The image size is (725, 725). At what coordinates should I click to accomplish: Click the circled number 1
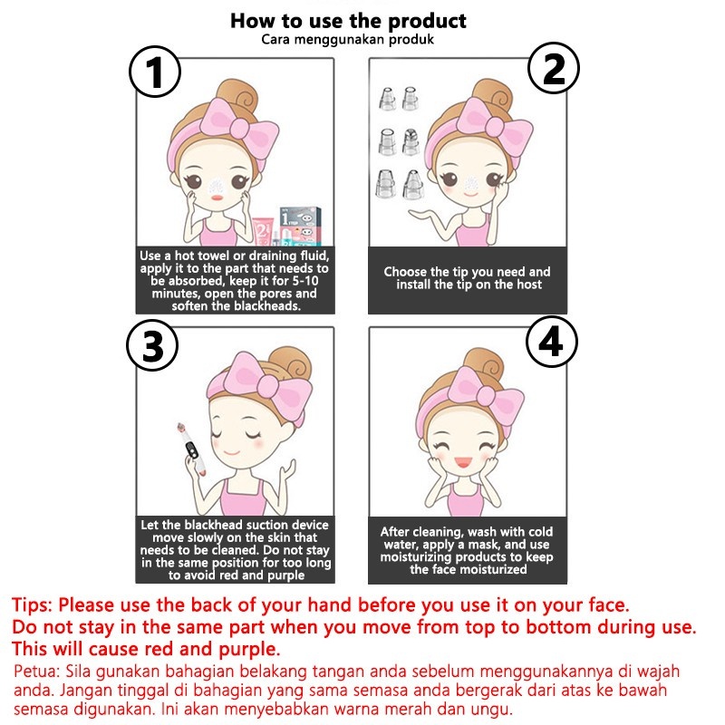154,72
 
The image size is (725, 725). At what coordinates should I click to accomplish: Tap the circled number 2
554,69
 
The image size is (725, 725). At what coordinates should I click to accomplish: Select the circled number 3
152,345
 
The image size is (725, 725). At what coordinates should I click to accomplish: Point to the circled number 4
552,342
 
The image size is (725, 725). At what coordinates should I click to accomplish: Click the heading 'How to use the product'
348,21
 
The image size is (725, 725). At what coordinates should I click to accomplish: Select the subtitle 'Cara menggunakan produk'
348,39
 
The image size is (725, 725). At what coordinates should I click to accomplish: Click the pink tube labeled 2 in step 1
261,230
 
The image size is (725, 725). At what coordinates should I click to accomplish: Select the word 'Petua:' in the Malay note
37,671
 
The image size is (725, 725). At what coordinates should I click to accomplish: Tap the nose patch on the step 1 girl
216,186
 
